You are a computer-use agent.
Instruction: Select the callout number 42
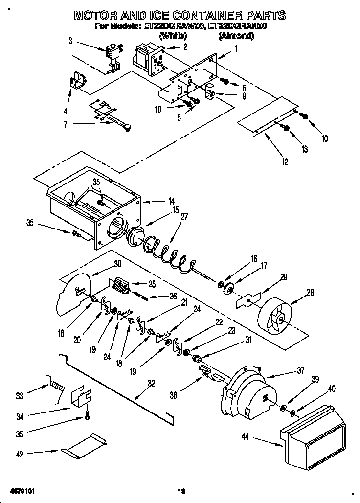19,455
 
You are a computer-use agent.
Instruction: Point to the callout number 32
151,384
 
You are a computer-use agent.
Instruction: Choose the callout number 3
70,41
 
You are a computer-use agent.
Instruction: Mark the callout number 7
66,124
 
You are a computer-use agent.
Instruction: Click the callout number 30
117,263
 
